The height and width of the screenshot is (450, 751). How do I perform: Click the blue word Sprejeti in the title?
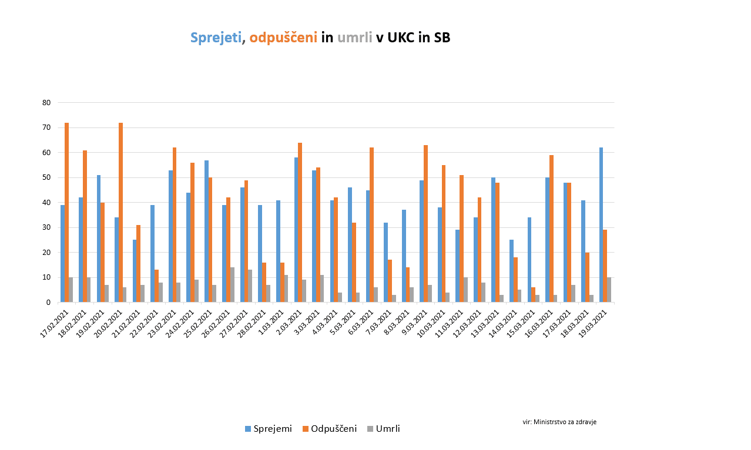pos(216,38)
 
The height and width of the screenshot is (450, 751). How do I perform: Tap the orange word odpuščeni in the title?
pos(283,38)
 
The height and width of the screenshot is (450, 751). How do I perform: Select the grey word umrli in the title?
pos(354,38)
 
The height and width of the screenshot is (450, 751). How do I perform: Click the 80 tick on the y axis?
pos(46,103)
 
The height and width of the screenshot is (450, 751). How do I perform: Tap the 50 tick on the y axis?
pos(46,177)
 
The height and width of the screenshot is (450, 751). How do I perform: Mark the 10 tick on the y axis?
pos(46,277)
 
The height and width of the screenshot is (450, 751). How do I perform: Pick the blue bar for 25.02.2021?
pos(207,231)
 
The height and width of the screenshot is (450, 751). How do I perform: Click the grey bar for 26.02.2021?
pos(232,285)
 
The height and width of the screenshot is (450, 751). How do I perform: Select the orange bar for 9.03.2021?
pos(425,224)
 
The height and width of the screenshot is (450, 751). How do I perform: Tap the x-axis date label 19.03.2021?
pos(594,323)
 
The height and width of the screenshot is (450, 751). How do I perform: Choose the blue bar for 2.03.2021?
pos(296,230)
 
